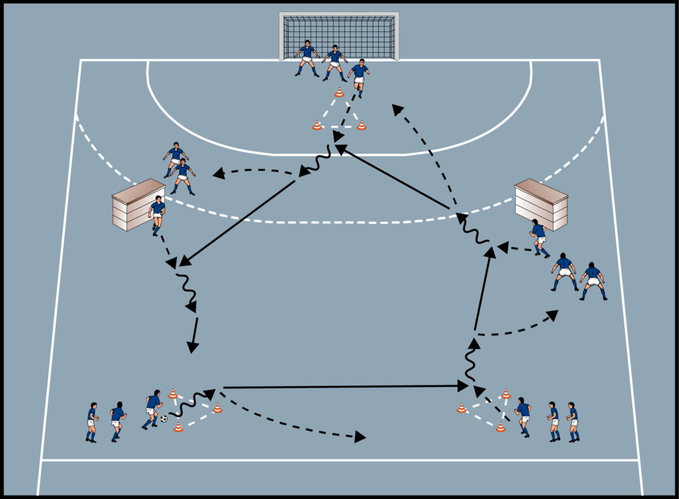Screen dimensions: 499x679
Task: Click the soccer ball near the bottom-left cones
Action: (x=164, y=419)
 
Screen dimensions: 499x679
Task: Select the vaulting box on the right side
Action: (x=541, y=203)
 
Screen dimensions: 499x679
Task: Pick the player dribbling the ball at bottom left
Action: (x=152, y=410)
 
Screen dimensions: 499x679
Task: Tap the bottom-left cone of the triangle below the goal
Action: (x=317, y=125)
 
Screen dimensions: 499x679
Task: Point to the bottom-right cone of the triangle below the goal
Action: (x=361, y=125)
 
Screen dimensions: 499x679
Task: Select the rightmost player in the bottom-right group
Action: (x=572, y=421)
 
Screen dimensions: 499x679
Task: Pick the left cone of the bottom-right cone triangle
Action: (x=462, y=408)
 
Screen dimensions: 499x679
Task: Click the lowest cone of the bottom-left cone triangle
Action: (x=178, y=426)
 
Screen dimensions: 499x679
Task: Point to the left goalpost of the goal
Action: (x=282, y=37)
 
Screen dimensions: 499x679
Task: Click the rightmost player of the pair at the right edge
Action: (x=593, y=280)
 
